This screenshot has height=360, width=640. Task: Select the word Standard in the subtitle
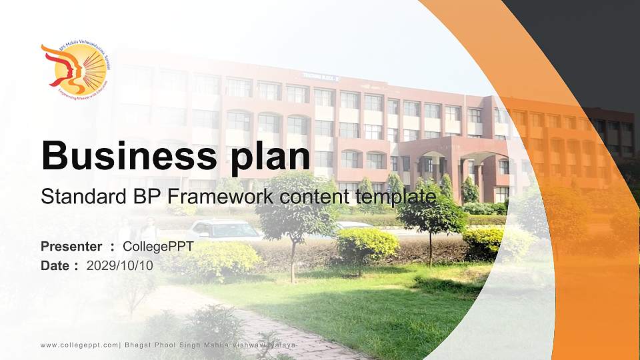click(x=73, y=197)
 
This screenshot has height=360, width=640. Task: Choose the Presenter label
click(x=71, y=247)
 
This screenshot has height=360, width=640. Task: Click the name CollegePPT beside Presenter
click(x=158, y=247)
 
